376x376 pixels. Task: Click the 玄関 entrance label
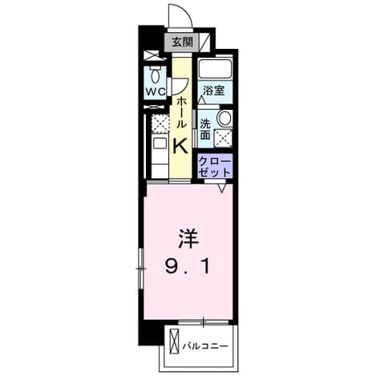point(182,42)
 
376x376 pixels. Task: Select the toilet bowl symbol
point(155,75)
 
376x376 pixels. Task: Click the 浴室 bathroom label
point(213,91)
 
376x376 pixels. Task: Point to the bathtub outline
point(215,69)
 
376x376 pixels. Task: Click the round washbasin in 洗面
point(224,118)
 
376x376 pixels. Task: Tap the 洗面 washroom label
point(205,129)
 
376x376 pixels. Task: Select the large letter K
point(180,146)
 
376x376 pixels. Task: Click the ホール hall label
point(181,112)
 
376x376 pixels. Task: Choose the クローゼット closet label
point(215,167)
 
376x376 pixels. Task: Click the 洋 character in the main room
point(188,239)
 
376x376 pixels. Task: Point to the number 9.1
point(188,267)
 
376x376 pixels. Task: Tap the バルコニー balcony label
point(205,346)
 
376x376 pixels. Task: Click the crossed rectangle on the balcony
point(174,341)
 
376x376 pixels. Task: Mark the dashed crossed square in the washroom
point(223,138)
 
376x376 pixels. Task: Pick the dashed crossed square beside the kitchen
point(160,123)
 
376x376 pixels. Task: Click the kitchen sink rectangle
point(160,144)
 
